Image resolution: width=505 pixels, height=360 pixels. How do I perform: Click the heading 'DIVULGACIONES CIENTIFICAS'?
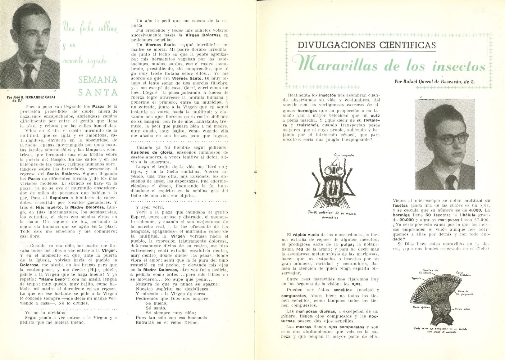(x=367, y=45)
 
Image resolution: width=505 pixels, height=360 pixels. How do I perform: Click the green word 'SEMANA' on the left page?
(x=97, y=80)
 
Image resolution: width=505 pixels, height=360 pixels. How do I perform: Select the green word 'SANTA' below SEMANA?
(x=97, y=92)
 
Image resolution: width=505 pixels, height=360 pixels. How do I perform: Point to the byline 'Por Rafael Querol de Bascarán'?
(x=434, y=82)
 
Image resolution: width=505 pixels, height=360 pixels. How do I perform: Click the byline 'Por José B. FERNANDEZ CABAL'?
(x=31, y=97)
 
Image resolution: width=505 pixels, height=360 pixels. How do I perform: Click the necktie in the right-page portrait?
(x=451, y=182)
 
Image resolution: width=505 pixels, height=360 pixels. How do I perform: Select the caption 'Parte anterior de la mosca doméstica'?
(x=332, y=215)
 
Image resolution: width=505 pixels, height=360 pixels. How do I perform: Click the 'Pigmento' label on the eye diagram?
(x=416, y=278)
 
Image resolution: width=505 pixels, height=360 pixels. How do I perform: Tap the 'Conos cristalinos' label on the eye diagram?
(x=463, y=274)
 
